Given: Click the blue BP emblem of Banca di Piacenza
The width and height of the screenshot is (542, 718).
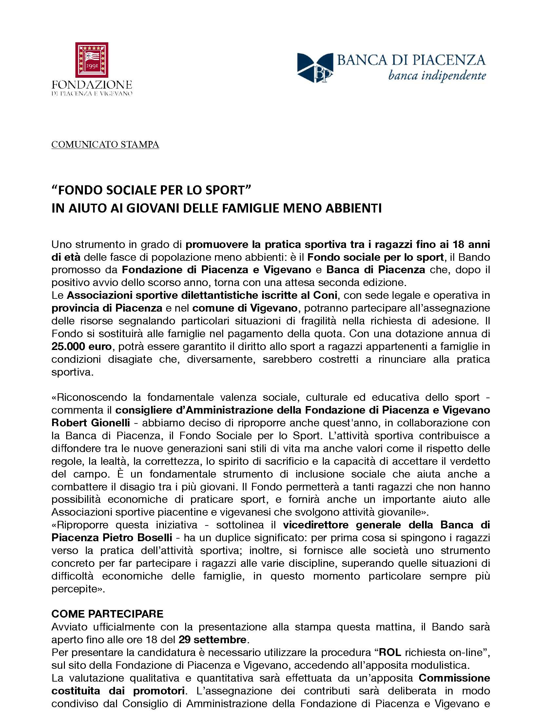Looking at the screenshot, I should (x=315, y=68).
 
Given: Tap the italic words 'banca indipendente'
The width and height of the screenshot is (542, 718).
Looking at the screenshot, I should (x=436, y=76).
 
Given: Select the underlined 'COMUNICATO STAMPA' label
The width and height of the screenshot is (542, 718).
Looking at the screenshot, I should (x=105, y=144).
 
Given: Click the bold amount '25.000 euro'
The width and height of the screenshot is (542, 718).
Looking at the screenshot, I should (x=81, y=346).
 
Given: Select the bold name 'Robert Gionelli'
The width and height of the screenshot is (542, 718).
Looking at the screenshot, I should (x=90, y=423).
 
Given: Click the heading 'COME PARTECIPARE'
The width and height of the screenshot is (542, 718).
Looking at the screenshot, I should (x=107, y=614).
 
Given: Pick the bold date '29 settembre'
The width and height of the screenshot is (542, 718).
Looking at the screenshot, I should (x=212, y=640).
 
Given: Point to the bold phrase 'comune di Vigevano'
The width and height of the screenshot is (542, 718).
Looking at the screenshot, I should (x=244, y=308).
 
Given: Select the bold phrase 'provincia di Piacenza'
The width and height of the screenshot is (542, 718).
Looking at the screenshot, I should (x=107, y=308).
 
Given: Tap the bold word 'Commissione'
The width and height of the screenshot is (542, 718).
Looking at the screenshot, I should (x=454, y=678).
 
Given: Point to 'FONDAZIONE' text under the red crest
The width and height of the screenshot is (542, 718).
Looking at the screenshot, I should (x=92, y=85).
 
